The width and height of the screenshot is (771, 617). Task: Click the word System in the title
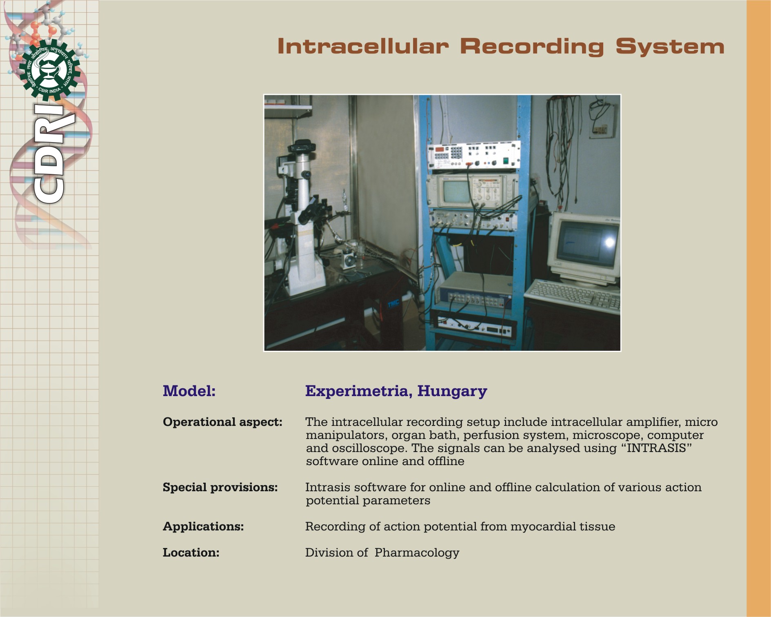pyautogui.click(x=670, y=47)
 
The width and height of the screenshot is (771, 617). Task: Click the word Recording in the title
pyautogui.click(x=532, y=47)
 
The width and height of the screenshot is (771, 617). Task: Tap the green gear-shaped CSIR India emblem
pyautogui.click(x=50, y=70)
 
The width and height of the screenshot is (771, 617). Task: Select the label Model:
pyautogui.click(x=189, y=391)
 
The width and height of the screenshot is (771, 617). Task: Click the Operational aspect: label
pyautogui.click(x=222, y=422)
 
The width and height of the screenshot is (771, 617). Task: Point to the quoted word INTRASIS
pyautogui.click(x=656, y=448)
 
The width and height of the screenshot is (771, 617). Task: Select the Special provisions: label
pyautogui.click(x=220, y=488)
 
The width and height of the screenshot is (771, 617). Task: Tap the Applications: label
pyautogui.click(x=203, y=527)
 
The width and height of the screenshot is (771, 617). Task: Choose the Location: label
pyautogui.click(x=191, y=553)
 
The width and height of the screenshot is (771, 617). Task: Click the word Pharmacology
pyautogui.click(x=417, y=553)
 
